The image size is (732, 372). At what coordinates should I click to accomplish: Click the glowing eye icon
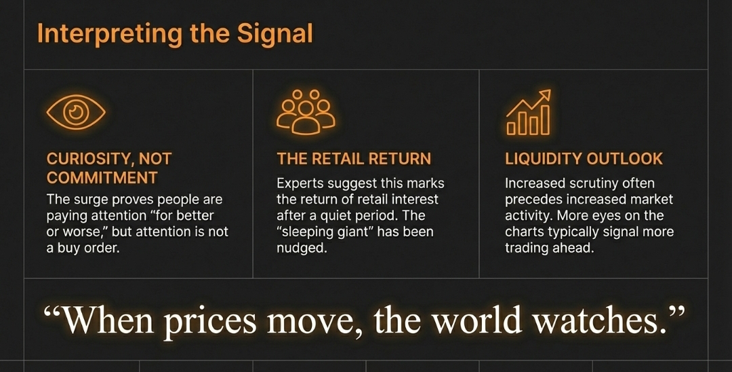tap(76, 112)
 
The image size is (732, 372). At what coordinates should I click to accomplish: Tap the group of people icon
tap(305, 112)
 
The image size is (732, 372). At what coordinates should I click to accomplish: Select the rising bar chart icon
tap(529, 112)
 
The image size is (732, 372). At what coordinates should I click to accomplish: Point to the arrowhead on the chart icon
tap(544, 96)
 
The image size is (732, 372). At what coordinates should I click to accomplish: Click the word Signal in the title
tap(275, 34)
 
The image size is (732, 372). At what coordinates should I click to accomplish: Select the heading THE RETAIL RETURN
tap(353, 159)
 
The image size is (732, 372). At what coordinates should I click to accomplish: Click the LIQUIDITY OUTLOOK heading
tap(584, 159)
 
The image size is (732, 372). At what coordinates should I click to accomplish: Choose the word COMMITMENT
tap(102, 178)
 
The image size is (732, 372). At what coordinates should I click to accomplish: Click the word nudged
tap(301, 248)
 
